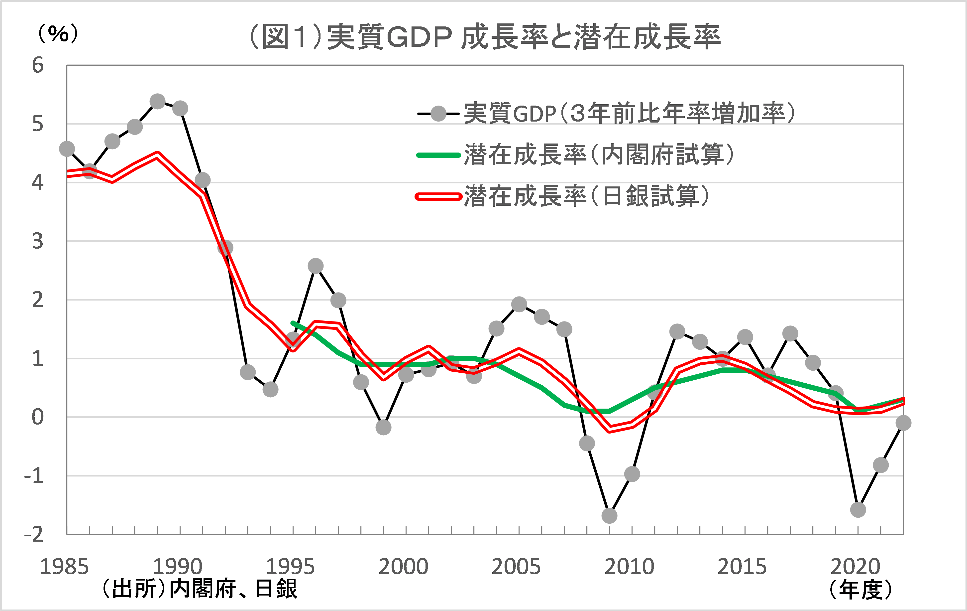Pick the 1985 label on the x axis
coord(64,567)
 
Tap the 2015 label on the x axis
coord(742,567)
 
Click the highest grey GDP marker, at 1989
coord(157,102)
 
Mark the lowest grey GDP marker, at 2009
coord(609,515)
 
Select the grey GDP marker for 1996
coord(316,266)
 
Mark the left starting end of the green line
coord(293,323)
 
